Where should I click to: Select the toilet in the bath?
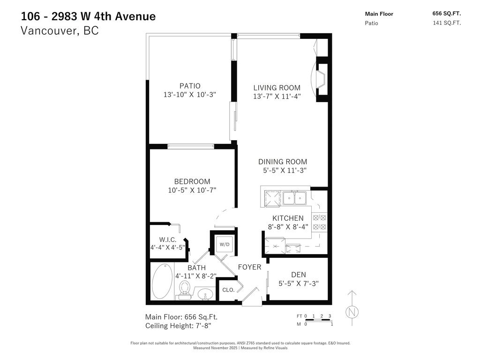tap(184, 290)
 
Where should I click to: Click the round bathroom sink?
tap(204, 295)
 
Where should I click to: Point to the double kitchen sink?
tap(294, 199)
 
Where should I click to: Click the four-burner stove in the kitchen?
tap(319, 222)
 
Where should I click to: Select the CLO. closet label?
tap(228, 290)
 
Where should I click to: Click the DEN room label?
tap(298, 275)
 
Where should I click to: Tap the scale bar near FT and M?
tap(318, 320)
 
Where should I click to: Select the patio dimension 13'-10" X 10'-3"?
tap(190, 95)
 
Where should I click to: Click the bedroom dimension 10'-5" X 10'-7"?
tap(192, 190)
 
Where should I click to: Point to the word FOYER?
tap(249, 267)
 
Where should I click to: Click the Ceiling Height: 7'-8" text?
tap(181, 326)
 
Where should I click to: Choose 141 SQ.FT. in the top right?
tap(447, 23)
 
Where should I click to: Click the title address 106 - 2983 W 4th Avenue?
tap(88, 16)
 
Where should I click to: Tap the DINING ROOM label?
tap(283, 162)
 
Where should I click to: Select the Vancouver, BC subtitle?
tap(60, 31)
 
